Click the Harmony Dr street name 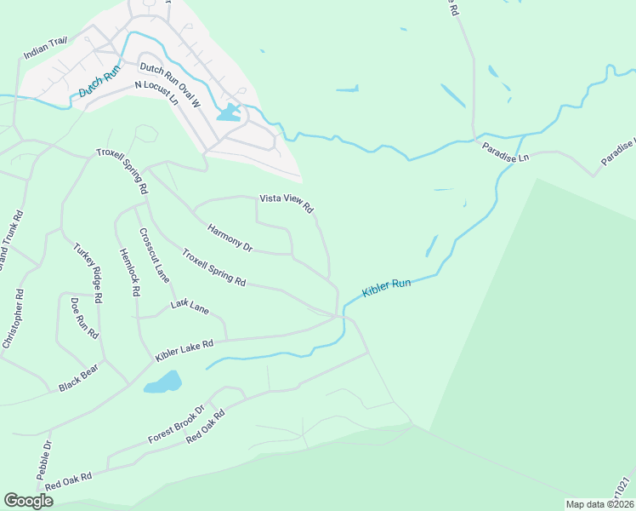pyautogui.click(x=230, y=236)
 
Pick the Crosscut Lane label pyautogui.click(x=155, y=255)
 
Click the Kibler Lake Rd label pyautogui.click(x=184, y=349)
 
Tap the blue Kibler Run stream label pyautogui.click(x=386, y=288)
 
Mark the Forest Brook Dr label pyautogui.click(x=176, y=423)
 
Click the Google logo pyautogui.click(x=28, y=500)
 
